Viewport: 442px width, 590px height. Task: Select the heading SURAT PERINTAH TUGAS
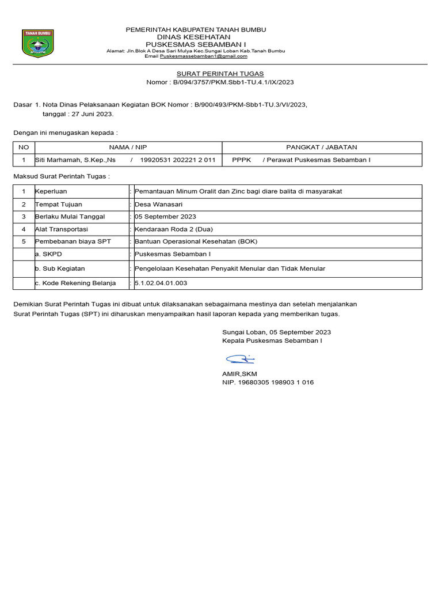coord(220,74)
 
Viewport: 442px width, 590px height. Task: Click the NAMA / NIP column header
coord(128,147)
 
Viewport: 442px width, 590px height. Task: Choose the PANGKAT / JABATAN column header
coord(322,147)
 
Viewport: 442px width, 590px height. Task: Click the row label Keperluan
coord(51,191)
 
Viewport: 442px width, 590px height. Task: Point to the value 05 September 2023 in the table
coord(165,217)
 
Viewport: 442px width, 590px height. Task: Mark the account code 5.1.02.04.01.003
coord(161,283)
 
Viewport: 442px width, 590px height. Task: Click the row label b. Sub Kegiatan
coord(60,268)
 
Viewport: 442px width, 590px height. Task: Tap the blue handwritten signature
coord(240,360)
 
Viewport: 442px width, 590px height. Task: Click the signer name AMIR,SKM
coord(239,374)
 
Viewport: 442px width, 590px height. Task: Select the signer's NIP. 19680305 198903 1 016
coord(268,383)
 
